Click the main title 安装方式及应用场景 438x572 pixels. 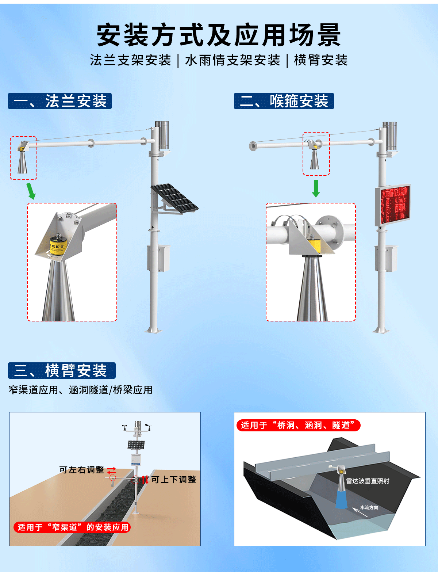219,35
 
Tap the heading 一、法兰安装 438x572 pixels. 60,101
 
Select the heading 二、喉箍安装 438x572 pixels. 284,101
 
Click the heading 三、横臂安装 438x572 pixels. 62,370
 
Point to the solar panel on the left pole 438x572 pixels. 174,197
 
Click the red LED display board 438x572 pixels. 393,205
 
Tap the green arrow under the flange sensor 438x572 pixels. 31,191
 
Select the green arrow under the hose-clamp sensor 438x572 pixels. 316,188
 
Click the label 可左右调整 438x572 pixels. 82,470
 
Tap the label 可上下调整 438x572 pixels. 174,480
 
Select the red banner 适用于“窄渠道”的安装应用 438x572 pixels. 72,527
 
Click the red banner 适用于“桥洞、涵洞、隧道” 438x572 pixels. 298,425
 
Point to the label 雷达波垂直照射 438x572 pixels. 368,481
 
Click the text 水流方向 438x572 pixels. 369,507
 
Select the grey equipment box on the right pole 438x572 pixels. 387,259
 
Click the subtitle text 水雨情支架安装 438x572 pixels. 233,60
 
